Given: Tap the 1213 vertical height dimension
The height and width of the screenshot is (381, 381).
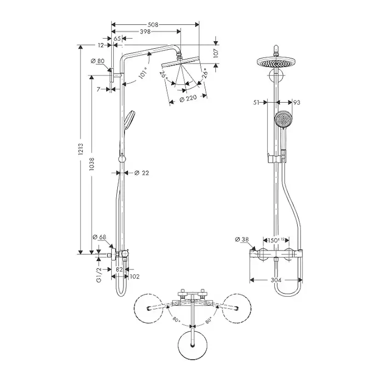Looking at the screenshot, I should [x=81, y=148].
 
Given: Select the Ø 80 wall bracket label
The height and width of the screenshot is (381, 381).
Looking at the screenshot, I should [x=98, y=61].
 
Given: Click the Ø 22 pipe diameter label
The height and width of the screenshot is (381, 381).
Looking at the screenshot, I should [x=142, y=173].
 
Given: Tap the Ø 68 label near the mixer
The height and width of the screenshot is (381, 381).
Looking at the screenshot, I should [x=99, y=237].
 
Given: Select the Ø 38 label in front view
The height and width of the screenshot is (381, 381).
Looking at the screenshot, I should [x=242, y=239].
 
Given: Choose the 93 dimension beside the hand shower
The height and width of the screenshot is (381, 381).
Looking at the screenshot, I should [x=296, y=103].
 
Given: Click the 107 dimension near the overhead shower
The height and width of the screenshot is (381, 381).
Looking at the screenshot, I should [x=216, y=53].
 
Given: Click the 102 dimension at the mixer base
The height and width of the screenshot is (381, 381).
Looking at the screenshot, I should [x=134, y=276].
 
